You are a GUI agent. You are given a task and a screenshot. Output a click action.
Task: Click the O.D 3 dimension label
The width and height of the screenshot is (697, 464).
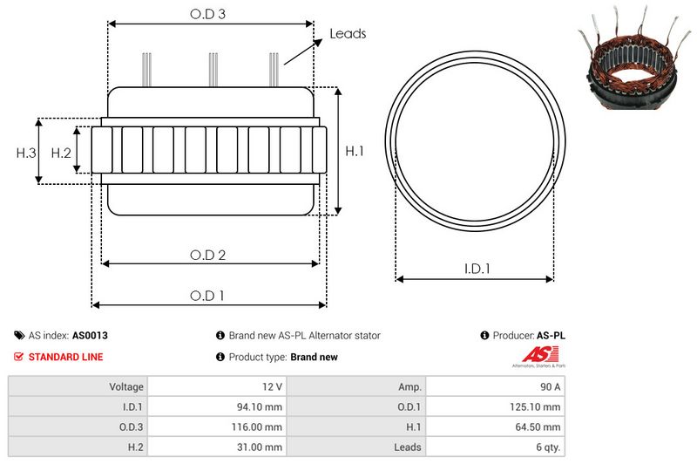[209, 15]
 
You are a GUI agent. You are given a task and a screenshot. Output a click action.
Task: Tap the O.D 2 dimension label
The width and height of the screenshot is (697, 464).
[209, 255]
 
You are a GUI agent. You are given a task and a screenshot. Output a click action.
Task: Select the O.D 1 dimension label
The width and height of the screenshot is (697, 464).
[208, 296]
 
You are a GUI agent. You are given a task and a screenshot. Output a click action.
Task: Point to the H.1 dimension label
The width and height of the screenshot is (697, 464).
[355, 152]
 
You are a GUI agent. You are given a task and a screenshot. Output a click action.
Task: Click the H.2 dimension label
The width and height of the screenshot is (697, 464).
[60, 153]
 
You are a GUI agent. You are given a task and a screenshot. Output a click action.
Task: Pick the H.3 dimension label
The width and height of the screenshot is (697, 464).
[26, 153]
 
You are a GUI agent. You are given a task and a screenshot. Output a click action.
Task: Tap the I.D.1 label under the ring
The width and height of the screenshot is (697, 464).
[476, 270]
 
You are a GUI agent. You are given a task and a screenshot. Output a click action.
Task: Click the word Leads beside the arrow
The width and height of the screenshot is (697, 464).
[348, 34]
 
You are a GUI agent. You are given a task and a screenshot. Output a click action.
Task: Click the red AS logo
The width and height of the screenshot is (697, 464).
[533, 354]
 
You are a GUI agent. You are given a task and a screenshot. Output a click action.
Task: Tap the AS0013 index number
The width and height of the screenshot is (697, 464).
[90, 335]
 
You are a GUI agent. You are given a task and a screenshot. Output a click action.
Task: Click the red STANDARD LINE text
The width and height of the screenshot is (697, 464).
[65, 357]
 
